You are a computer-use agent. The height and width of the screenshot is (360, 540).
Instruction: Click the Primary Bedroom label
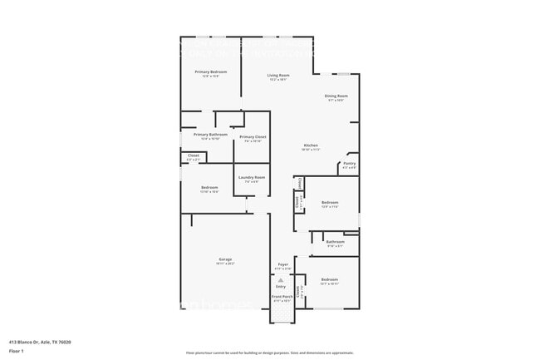(x=210, y=72)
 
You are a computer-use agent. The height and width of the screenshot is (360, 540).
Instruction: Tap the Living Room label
(x=277, y=76)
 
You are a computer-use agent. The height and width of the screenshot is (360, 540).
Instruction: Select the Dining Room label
(x=336, y=96)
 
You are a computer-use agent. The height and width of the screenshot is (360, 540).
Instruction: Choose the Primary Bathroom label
(x=210, y=134)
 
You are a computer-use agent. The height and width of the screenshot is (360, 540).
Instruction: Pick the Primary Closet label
(x=253, y=136)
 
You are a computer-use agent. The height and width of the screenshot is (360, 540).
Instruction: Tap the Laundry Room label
(x=252, y=177)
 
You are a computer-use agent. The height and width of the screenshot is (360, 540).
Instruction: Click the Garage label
(x=225, y=259)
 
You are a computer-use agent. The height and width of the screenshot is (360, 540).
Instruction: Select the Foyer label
(x=282, y=265)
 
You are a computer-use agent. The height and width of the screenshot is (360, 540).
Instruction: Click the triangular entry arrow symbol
(x=280, y=279)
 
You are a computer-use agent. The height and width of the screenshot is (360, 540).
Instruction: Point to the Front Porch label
(x=282, y=296)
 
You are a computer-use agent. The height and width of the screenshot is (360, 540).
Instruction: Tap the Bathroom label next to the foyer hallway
(x=335, y=242)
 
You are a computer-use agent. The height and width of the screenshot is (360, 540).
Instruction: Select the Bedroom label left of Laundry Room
(x=209, y=188)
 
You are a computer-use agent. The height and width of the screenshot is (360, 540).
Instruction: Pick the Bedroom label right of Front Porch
(x=330, y=280)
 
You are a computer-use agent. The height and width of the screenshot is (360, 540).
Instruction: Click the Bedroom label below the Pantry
(x=330, y=202)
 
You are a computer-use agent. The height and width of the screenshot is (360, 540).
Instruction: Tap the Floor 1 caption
(x=17, y=352)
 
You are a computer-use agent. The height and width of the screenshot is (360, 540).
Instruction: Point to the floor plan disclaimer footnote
(x=269, y=353)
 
